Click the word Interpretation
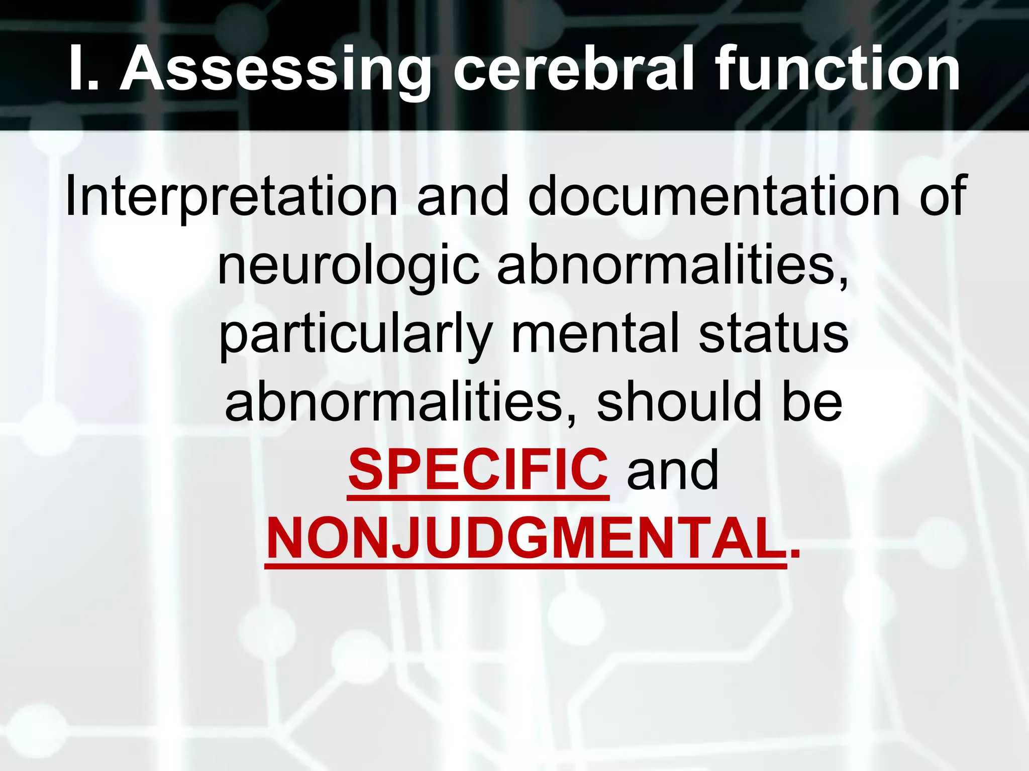232,197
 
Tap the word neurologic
348,266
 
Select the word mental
595,333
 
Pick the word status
773,333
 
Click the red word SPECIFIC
478,470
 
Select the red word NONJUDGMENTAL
526,539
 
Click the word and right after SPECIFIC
672,471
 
